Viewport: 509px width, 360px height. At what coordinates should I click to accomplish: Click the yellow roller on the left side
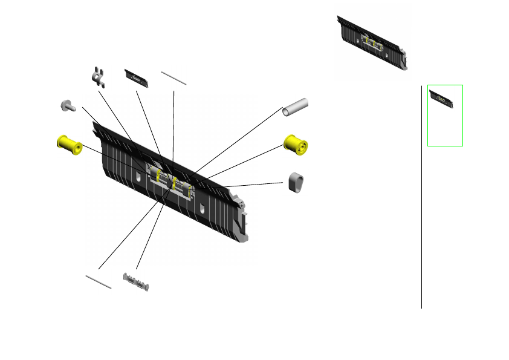pyautogui.click(x=69, y=145)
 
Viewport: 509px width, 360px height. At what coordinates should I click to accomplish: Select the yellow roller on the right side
pyautogui.click(x=296, y=145)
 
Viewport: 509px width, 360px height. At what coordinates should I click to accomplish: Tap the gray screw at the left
pyautogui.click(x=66, y=106)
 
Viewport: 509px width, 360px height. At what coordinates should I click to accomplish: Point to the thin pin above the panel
pyautogui.click(x=173, y=78)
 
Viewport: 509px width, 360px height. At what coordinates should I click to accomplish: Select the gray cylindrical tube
pyautogui.click(x=296, y=107)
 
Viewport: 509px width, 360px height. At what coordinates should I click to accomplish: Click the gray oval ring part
pyautogui.click(x=295, y=183)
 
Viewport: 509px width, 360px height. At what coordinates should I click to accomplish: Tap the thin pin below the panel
pyautogui.click(x=99, y=281)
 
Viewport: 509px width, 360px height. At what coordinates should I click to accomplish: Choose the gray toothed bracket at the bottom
pyautogui.click(x=137, y=282)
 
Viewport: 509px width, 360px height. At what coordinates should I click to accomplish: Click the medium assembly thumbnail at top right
pyautogui.click(x=374, y=42)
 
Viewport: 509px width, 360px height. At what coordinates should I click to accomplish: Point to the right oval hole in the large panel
pyautogui.click(x=201, y=209)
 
